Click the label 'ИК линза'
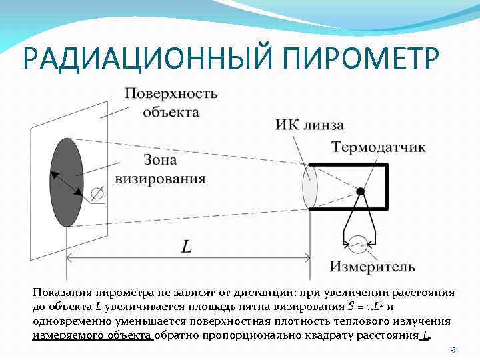pyautogui.click(x=309, y=125)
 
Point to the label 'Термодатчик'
pyautogui.click(x=378, y=147)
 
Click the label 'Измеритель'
pyautogui.click(x=372, y=267)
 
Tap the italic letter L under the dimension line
pyautogui.click(x=187, y=247)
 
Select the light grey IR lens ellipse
pyautogui.click(x=310, y=187)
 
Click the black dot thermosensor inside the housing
pyautogui.click(x=361, y=191)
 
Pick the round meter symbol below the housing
pyautogui.click(x=359, y=244)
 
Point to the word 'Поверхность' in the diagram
pyautogui.click(x=171, y=93)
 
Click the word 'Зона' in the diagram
pyautogui.click(x=161, y=160)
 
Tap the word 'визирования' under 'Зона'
pyautogui.click(x=161, y=178)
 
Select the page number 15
pyautogui.click(x=452, y=349)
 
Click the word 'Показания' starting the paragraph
pyautogui.click(x=60, y=293)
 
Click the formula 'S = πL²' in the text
pyautogui.click(x=365, y=307)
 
